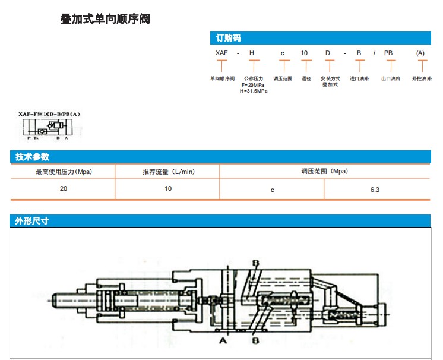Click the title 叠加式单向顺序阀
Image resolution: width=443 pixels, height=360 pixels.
point(105,19)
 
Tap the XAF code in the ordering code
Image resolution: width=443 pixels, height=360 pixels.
point(221,53)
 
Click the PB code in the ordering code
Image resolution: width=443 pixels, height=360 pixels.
point(388,53)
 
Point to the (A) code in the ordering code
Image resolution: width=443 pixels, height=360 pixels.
point(420,53)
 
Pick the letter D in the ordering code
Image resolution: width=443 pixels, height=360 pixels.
point(327,53)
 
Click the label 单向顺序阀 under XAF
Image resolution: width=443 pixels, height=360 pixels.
point(222,78)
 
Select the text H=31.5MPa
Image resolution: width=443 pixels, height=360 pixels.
point(254,91)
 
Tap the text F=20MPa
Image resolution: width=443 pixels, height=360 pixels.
point(254,85)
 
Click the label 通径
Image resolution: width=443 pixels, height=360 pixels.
point(306,78)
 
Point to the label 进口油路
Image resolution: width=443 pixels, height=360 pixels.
point(359,78)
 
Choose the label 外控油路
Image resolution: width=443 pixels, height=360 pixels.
point(422,78)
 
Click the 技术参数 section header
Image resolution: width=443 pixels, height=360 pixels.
point(32,157)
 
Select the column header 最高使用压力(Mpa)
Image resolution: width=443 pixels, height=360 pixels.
point(64,172)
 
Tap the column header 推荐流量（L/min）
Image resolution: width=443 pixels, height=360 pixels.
point(168,172)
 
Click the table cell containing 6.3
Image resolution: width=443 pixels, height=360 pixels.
point(374,190)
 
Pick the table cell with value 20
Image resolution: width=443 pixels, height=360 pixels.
point(64,188)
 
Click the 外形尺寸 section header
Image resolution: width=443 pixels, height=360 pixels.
point(32,221)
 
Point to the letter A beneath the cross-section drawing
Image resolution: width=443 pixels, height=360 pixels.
point(223,341)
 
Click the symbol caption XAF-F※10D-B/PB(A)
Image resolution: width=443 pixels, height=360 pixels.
point(49,113)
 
